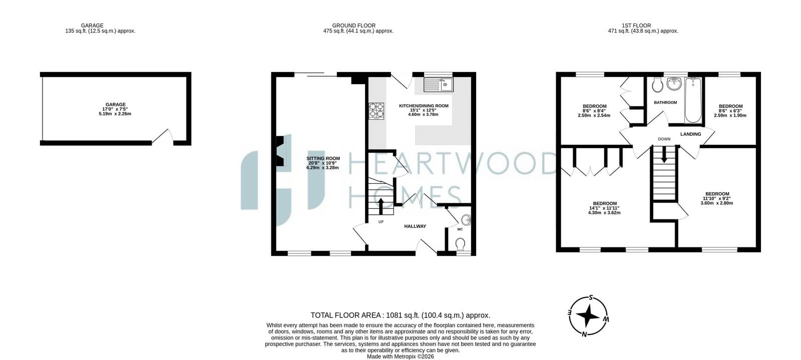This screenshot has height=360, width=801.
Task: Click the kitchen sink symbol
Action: (x=439, y=85)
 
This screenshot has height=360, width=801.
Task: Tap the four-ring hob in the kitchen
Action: (x=376, y=111)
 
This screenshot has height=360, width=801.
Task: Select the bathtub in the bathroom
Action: (x=693, y=100)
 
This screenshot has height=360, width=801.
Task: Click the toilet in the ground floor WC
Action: (x=460, y=244)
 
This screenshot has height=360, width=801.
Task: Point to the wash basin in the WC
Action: (x=466, y=220)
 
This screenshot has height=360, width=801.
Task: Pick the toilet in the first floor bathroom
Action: (x=657, y=84)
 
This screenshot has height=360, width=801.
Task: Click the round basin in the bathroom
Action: (x=674, y=84)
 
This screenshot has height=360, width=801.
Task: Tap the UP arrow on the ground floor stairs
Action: (x=380, y=206)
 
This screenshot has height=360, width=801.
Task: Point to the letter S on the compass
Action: (x=591, y=297)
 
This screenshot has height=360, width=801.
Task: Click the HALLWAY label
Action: (x=415, y=226)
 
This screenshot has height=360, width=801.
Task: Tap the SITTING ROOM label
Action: (x=323, y=158)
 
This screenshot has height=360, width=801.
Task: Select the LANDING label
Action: (x=690, y=134)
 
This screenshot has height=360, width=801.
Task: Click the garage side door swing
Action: (x=163, y=137)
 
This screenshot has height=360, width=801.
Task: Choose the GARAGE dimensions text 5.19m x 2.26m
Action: (x=115, y=114)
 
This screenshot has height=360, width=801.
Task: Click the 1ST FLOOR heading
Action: (x=636, y=26)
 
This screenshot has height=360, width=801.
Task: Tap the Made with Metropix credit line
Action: (x=400, y=356)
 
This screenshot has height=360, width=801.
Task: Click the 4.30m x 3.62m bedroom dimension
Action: (x=604, y=213)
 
